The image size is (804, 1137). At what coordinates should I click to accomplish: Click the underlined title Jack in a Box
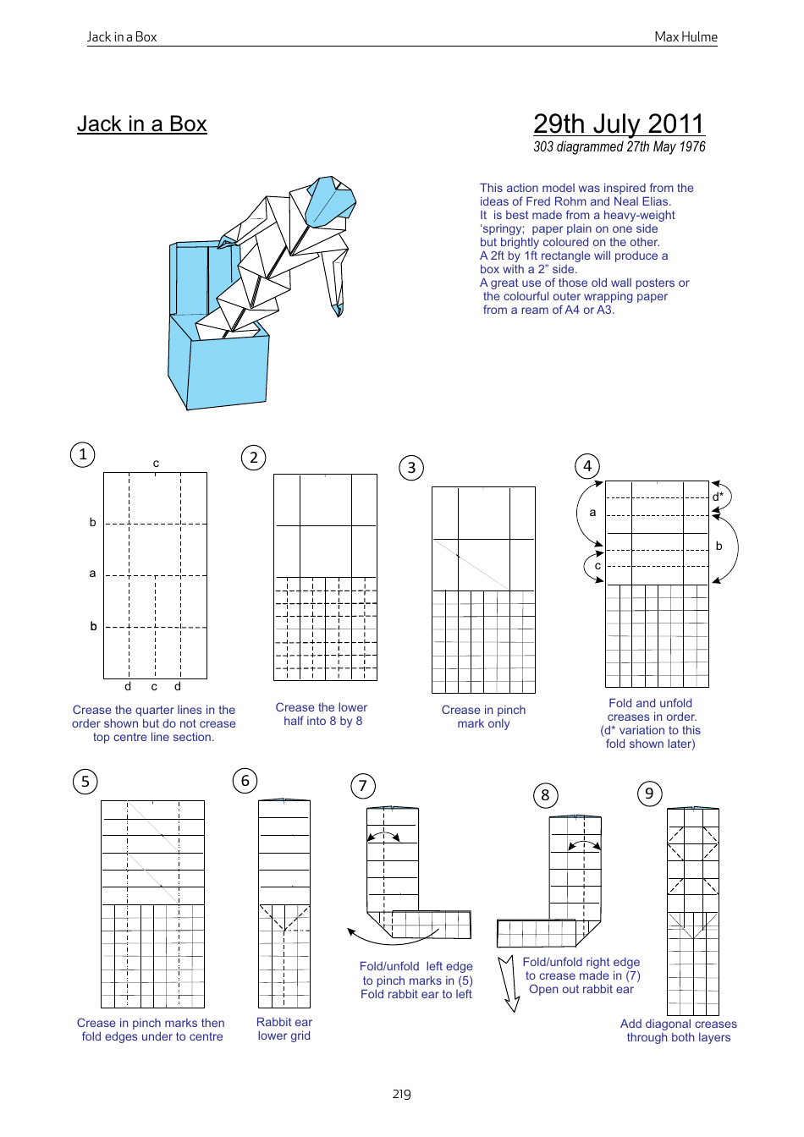pyautogui.click(x=141, y=124)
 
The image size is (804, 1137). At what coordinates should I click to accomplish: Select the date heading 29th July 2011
pyautogui.click(x=618, y=124)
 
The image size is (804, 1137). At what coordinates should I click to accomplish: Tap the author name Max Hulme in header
pyautogui.click(x=686, y=37)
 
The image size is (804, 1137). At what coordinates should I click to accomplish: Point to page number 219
pyautogui.click(x=401, y=1094)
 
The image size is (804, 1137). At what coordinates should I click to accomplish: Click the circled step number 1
pyautogui.click(x=83, y=455)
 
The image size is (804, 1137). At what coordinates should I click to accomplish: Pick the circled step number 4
pyautogui.click(x=587, y=466)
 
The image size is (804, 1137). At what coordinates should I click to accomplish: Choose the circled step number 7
pyautogui.click(x=363, y=786)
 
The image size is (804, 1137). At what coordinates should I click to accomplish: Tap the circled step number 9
pyautogui.click(x=649, y=794)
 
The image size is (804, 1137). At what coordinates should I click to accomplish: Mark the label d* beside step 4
pyautogui.click(x=718, y=497)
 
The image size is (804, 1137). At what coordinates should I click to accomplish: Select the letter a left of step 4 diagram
pyautogui.click(x=592, y=512)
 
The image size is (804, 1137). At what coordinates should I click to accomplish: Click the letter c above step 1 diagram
pyautogui.click(x=156, y=464)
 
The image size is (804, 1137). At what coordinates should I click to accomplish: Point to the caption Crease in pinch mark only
pyautogui.click(x=483, y=717)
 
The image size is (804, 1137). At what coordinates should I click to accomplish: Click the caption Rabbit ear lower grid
pyautogui.click(x=284, y=1029)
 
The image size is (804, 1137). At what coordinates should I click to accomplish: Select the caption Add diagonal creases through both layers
pyautogui.click(x=678, y=1030)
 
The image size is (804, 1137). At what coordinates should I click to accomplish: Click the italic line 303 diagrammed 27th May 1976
pyautogui.click(x=619, y=147)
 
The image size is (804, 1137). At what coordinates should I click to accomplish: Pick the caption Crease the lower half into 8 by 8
pyautogui.click(x=322, y=714)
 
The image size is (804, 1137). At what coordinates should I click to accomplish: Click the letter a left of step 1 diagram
pyautogui.click(x=93, y=574)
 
